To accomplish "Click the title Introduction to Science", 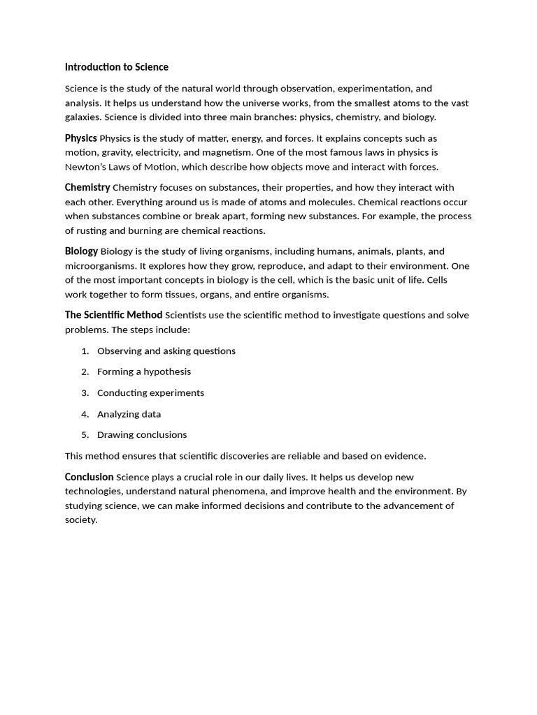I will pyautogui.click(x=116, y=67).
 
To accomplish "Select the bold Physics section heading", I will pyautogui.click(x=80, y=138).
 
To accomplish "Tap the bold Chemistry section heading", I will pyautogui.click(x=87, y=187).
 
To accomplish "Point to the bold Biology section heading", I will pyautogui.click(x=81, y=251).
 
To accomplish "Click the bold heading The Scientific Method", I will pyautogui.click(x=113, y=315).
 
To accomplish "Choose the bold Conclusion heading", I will pyautogui.click(x=89, y=477).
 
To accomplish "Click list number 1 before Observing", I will pyautogui.click(x=85, y=351).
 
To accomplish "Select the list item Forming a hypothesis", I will pyautogui.click(x=144, y=371).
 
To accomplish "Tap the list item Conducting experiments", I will pyautogui.click(x=150, y=392).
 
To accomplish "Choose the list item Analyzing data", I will pyautogui.click(x=129, y=414).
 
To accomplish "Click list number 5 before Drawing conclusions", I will pyautogui.click(x=85, y=435).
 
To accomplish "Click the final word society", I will pyautogui.click(x=80, y=520).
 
